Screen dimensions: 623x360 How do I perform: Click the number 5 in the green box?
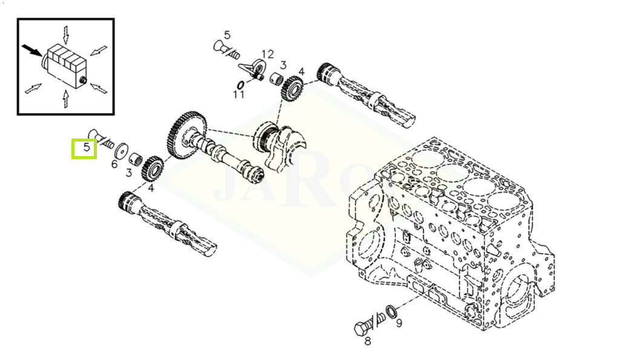pyautogui.click(x=87, y=148)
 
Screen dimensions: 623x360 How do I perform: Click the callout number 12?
pyautogui.click(x=268, y=54)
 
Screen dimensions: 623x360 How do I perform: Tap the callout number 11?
pyautogui.click(x=239, y=94)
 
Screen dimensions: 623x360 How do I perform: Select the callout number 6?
pyautogui.click(x=114, y=164)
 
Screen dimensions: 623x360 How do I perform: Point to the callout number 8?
pyautogui.click(x=368, y=341)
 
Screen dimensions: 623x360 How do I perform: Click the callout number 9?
pyautogui.click(x=399, y=323)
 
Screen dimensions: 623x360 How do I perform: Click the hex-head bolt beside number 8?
pyautogui.click(x=369, y=323)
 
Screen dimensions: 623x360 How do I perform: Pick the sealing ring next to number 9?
pyautogui.click(x=391, y=311)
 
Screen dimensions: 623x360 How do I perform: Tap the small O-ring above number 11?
pyautogui.click(x=240, y=85)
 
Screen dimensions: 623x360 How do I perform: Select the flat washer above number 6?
pyautogui.click(x=121, y=151)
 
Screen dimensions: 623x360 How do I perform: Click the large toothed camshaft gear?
pyautogui.click(x=185, y=135)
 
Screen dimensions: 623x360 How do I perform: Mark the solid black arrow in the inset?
pyautogui.click(x=31, y=50)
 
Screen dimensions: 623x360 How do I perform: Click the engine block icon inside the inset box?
pyautogui.click(x=65, y=67)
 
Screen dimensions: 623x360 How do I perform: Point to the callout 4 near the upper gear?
pyautogui.click(x=302, y=72)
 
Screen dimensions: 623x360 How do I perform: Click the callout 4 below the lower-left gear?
pyautogui.click(x=151, y=187)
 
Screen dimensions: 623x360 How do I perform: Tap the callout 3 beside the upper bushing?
pyautogui.click(x=283, y=65)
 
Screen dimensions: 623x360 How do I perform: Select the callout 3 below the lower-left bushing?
pyautogui.click(x=128, y=172)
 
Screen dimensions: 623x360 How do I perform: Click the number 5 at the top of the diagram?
pyautogui.click(x=227, y=35)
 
